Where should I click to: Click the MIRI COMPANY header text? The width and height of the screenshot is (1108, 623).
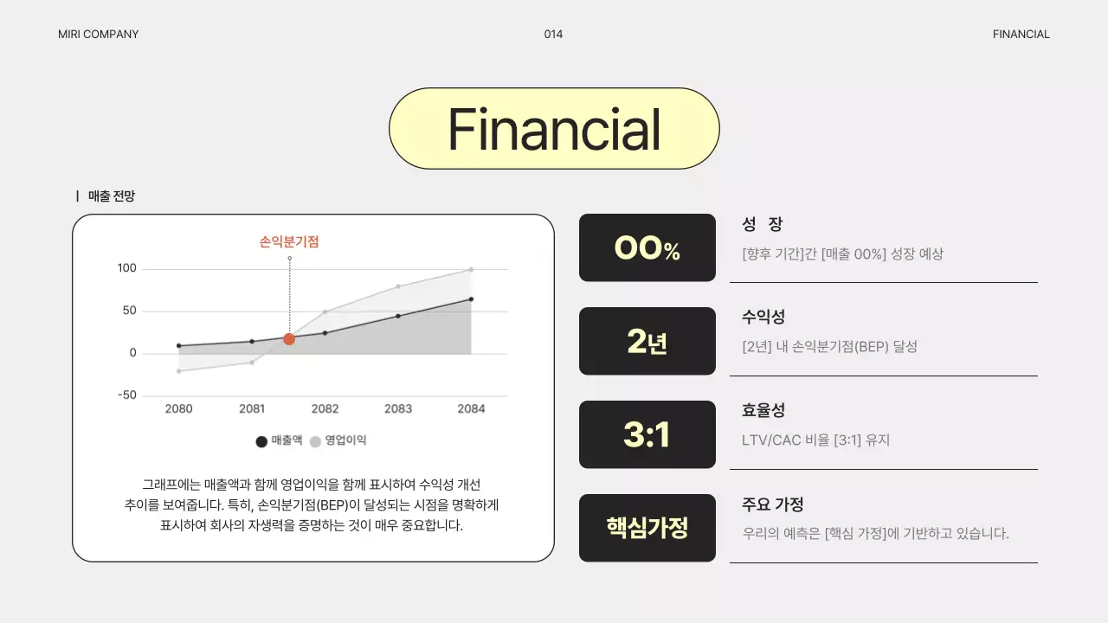point(98,35)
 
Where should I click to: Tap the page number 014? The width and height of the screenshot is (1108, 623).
point(553,35)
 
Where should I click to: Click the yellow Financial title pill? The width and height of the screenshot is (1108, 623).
point(554,129)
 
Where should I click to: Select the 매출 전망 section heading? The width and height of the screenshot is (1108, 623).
point(111,196)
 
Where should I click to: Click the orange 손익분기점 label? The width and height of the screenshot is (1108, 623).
point(289,242)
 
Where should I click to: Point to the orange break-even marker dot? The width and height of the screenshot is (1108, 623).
point(289,339)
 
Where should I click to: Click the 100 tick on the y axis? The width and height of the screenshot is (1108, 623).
point(127,268)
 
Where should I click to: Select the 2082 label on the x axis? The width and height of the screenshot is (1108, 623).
point(325,409)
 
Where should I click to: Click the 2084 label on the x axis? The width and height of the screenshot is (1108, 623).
point(471,409)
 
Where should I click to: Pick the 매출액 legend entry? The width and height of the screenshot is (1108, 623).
point(280,440)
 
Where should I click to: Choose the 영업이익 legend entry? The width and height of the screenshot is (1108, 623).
point(338,440)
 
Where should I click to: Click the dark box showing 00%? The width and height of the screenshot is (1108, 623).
point(647,248)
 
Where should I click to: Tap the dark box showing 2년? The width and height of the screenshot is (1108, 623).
point(647,342)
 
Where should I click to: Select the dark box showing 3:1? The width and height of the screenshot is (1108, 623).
point(647,435)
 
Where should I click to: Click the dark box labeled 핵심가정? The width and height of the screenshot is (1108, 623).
point(647,528)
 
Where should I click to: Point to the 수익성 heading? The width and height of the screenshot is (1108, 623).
point(763,318)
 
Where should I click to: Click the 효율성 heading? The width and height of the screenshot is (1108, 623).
point(763,411)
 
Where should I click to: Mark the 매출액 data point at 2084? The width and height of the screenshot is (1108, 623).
point(471,299)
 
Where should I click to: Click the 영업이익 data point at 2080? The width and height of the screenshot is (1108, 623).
point(179,371)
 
